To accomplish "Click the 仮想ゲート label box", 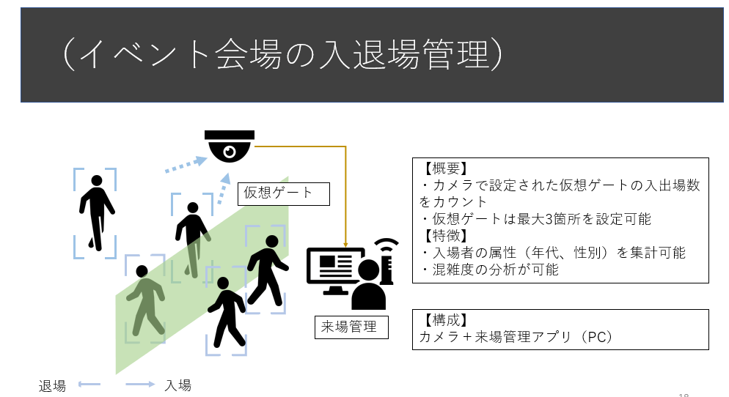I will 283,193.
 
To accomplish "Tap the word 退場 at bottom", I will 53,385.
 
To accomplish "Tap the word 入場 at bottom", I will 177,385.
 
